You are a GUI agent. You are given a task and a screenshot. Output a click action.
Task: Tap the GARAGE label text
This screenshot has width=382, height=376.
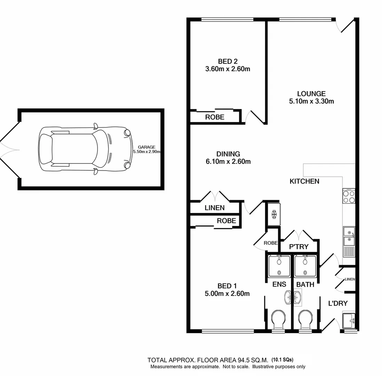tap(146, 147)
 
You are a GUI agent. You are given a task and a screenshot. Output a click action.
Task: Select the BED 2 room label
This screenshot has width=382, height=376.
tap(227, 62)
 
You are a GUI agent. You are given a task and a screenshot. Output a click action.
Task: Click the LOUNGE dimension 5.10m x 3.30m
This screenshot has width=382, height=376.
tap(311, 102)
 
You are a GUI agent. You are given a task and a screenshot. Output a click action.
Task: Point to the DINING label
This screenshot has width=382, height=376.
tap(228, 154)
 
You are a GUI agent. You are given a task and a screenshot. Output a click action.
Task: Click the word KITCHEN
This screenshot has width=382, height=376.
tap(304, 181)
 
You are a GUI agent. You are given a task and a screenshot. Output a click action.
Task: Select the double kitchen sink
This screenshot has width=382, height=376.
tap(349, 236)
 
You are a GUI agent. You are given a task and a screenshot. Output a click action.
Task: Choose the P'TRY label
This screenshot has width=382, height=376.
tap(299, 246)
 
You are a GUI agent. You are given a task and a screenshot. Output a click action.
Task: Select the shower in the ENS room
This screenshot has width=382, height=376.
tap(279, 266)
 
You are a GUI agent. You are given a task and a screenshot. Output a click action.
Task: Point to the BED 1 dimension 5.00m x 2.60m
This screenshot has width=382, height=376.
tap(227, 293)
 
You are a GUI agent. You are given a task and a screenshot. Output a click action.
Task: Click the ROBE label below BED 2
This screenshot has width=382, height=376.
tap(215, 117)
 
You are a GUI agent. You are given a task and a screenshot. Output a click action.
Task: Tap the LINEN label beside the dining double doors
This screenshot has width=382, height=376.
tap(215, 208)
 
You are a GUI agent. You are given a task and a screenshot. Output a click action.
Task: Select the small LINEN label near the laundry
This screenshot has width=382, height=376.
tap(349, 279)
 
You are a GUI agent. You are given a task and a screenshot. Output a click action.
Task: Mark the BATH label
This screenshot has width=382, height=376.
tap(305, 284)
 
